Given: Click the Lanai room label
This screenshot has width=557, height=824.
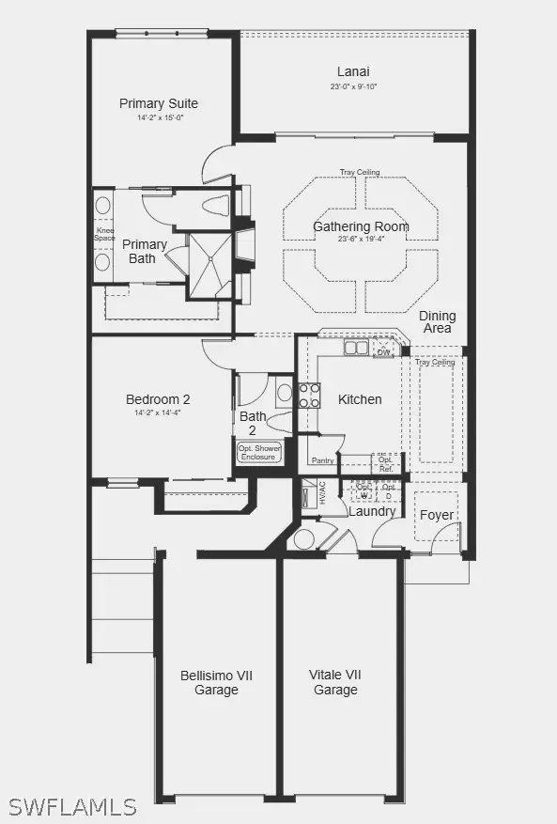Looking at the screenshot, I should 353,71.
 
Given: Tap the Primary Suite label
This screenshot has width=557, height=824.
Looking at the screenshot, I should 159,103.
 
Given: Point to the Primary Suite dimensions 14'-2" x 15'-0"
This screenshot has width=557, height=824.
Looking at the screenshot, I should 159,118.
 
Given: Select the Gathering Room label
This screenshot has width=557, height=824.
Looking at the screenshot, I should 361,226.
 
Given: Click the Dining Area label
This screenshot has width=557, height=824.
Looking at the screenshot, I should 437,322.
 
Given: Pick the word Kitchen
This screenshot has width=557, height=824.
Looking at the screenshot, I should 360,399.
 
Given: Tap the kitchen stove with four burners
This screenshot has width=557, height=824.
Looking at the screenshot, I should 309,396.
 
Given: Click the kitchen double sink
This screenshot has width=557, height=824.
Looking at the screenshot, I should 356,349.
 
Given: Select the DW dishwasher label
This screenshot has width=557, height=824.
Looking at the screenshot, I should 383,351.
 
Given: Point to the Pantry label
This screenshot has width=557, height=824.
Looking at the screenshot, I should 323,460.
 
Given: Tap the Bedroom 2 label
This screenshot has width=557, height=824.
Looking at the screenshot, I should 158,399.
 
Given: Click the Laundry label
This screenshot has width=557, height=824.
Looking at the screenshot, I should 372,511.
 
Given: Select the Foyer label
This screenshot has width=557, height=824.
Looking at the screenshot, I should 437,515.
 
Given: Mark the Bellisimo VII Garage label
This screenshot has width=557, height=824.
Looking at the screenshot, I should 216,682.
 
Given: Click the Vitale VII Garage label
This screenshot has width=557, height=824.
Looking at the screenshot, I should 335,682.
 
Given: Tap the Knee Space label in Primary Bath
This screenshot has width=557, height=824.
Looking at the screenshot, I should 103,235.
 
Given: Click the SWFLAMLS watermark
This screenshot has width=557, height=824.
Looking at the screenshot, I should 72,806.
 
